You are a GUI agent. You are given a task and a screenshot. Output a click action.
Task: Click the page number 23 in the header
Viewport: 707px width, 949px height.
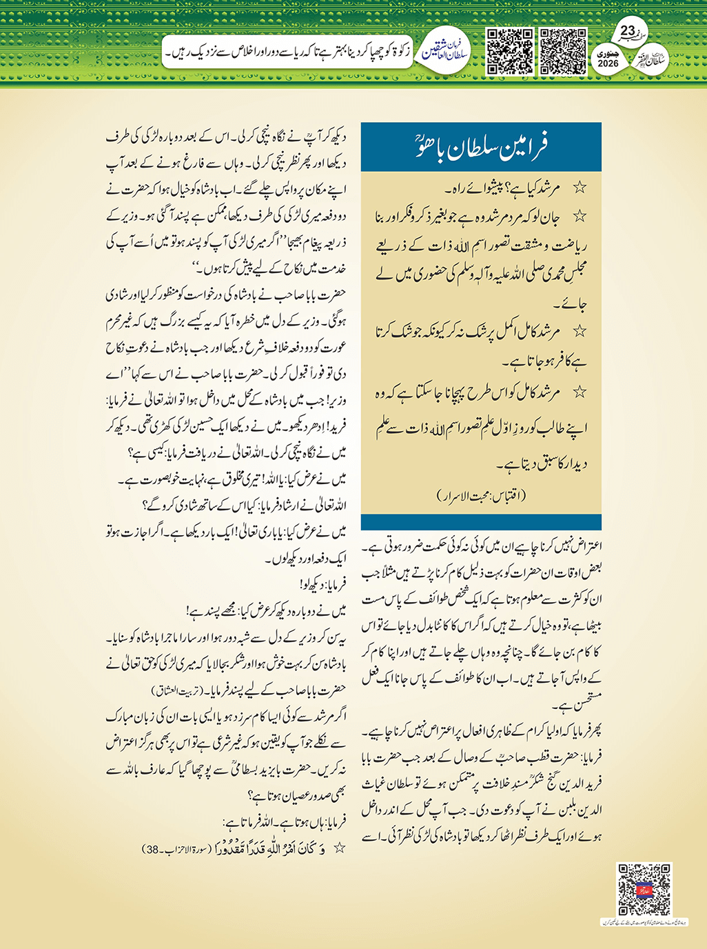pyautogui.click(x=628, y=31)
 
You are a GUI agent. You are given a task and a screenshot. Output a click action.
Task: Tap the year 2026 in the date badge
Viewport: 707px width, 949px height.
pyautogui.click(x=608, y=63)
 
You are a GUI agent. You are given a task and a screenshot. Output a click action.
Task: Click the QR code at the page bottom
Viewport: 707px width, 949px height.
pyautogui.click(x=644, y=889)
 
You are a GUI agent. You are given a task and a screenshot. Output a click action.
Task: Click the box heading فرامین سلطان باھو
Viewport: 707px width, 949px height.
pyautogui.click(x=482, y=147)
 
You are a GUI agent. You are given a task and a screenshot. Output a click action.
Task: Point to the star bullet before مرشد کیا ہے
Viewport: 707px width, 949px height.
pyautogui.click(x=581, y=187)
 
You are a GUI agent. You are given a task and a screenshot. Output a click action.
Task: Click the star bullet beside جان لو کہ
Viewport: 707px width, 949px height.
pyautogui.click(x=581, y=217)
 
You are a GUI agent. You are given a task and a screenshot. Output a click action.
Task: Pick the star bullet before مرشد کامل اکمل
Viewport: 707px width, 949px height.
pyautogui.click(x=581, y=332)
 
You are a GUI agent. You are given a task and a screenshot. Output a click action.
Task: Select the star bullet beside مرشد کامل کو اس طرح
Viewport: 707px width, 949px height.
pyautogui.click(x=581, y=392)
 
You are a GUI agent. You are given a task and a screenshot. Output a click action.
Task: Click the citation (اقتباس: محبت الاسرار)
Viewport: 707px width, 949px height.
pyautogui.click(x=482, y=495)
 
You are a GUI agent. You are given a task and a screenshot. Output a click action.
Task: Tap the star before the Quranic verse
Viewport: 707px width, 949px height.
pyautogui.click(x=339, y=848)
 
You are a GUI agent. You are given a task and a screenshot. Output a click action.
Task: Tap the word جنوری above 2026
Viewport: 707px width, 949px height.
pyautogui.click(x=608, y=52)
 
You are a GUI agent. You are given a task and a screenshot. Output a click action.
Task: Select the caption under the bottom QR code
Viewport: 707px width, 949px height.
pyautogui.click(x=644, y=922)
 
